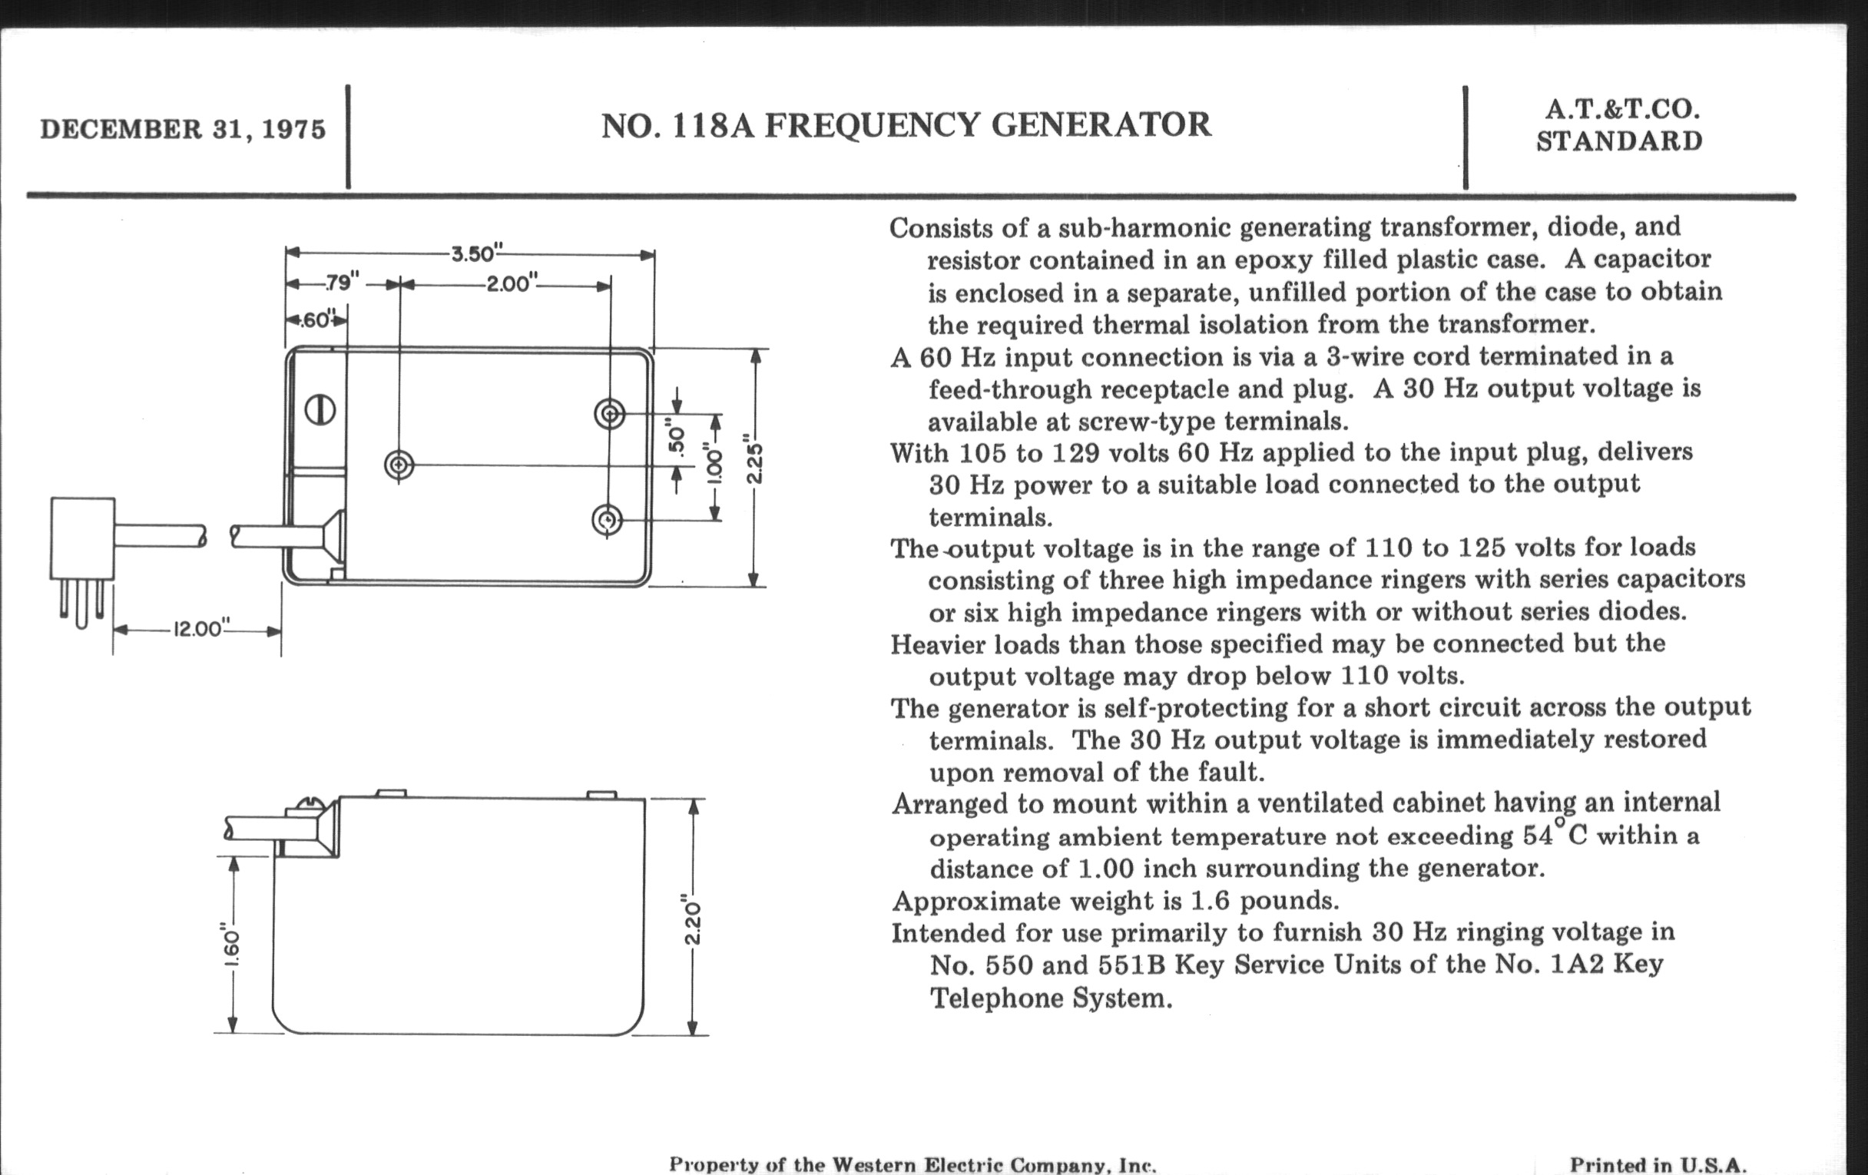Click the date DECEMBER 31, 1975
183,130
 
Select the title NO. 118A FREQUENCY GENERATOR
906,126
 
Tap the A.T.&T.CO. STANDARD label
1621,126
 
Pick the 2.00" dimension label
512,284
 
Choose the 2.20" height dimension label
693,921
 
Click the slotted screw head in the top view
320,409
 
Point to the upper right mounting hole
609,413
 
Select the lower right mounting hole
607,520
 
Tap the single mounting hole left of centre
399,465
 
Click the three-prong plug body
81,538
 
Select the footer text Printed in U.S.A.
1658,1164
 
